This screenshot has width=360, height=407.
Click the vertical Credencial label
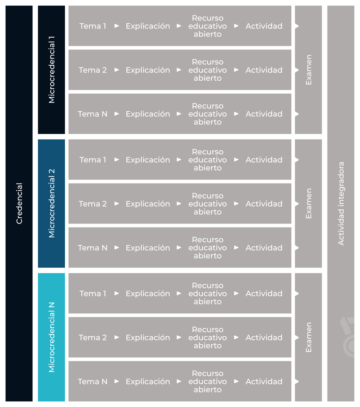pyautogui.click(x=20, y=203)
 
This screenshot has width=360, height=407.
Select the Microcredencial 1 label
pyautogui.click(x=52, y=70)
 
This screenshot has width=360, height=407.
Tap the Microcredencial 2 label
pyautogui.click(x=52, y=203)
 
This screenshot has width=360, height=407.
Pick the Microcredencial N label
pyautogui.click(x=52, y=337)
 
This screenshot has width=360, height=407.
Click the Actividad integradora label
pyautogui.click(x=341, y=203)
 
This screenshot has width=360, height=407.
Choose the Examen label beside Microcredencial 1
pyautogui.click(x=309, y=70)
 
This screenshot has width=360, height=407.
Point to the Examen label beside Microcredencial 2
pyautogui.click(x=309, y=203)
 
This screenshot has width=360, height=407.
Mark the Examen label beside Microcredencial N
pyautogui.click(x=309, y=337)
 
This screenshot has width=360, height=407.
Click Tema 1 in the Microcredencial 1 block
pyautogui.click(x=93, y=26)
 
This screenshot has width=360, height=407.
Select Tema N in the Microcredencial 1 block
pyautogui.click(x=93, y=114)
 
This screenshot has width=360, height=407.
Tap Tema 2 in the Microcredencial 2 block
pyautogui.click(x=93, y=204)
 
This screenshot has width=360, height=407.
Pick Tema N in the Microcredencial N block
pyautogui.click(x=93, y=381)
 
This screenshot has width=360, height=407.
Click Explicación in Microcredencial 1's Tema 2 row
pyautogui.click(x=148, y=70)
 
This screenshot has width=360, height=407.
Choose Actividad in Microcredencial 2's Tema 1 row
pyautogui.click(x=264, y=159)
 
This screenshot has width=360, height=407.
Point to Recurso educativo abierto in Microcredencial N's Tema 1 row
pyautogui.click(x=207, y=293)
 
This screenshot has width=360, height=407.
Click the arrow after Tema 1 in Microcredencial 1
pyautogui.click(x=117, y=26)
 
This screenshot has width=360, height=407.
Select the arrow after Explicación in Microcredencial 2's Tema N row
pyautogui.click(x=179, y=248)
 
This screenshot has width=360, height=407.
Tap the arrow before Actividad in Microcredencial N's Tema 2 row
pyautogui.click(x=236, y=337)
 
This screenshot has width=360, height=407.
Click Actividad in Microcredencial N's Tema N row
pyautogui.click(x=264, y=381)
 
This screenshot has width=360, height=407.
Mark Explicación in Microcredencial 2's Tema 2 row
pyautogui.click(x=148, y=204)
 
